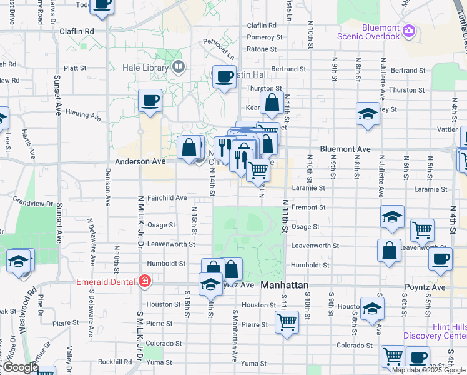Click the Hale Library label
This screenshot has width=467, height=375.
(149, 67)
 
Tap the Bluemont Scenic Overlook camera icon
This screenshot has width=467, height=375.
(409, 30)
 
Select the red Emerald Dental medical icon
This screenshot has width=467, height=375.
(145, 282)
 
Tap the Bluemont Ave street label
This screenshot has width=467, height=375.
(345, 149)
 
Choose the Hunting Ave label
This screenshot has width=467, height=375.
(83, 115)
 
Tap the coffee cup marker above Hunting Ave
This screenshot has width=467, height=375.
(150, 100)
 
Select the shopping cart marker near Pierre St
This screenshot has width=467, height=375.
(287, 322)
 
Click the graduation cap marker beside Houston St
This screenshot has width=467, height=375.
(373, 309)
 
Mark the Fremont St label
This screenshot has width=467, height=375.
(308, 207)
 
